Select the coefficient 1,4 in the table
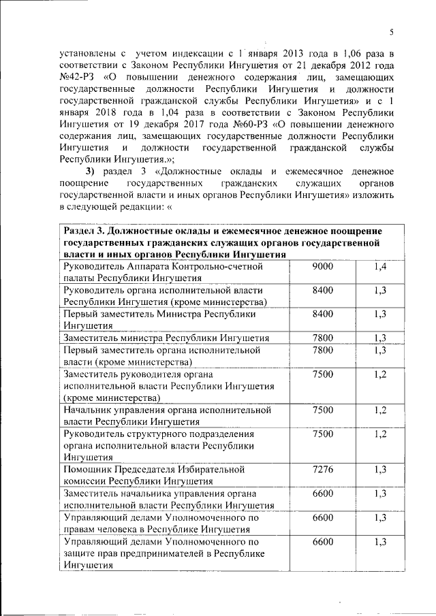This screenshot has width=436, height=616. pyautogui.click(x=380, y=266)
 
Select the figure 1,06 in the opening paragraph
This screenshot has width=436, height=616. pyautogui.click(x=343, y=52)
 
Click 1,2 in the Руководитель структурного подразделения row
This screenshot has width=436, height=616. pyautogui.click(x=380, y=434)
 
